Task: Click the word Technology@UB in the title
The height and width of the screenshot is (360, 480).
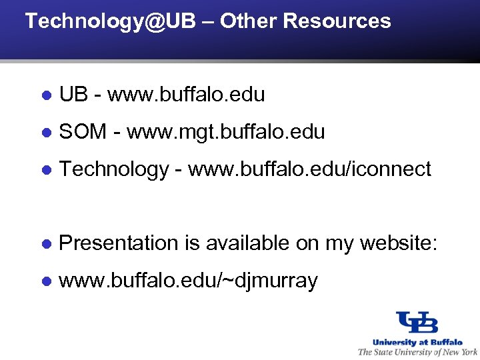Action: click(x=111, y=21)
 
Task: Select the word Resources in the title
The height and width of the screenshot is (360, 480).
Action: click(x=337, y=21)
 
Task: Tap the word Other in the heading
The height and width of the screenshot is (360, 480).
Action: click(x=248, y=21)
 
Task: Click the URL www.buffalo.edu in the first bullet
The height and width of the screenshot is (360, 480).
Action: click(x=186, y=95)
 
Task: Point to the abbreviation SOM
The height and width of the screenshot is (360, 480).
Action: click(x=83, y=132)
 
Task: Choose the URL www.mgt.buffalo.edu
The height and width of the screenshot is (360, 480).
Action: click(x=225, y=132)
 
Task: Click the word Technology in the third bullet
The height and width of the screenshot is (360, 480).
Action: click(x=113, y=169)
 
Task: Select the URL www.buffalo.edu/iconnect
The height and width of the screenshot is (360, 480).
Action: click(x=309, y=169)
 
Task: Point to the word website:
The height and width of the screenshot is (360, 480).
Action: click(x=398, y=243)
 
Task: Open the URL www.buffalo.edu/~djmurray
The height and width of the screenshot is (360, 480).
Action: click(x=188, y=281)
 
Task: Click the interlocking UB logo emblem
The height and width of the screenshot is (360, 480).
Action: click(x=417, y=323)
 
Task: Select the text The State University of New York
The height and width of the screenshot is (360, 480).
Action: click(x=417, y=352)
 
